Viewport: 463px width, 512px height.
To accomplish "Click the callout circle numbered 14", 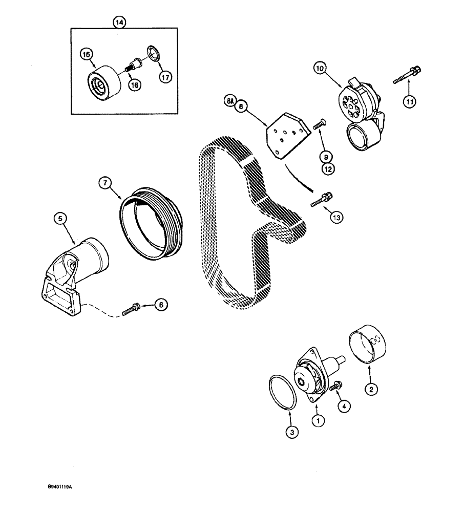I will [120, 22].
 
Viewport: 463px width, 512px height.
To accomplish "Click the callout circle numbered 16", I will [135, 86].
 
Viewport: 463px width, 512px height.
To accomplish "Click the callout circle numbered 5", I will [60, 219].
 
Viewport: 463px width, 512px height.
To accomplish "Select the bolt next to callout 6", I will [132, 309].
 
